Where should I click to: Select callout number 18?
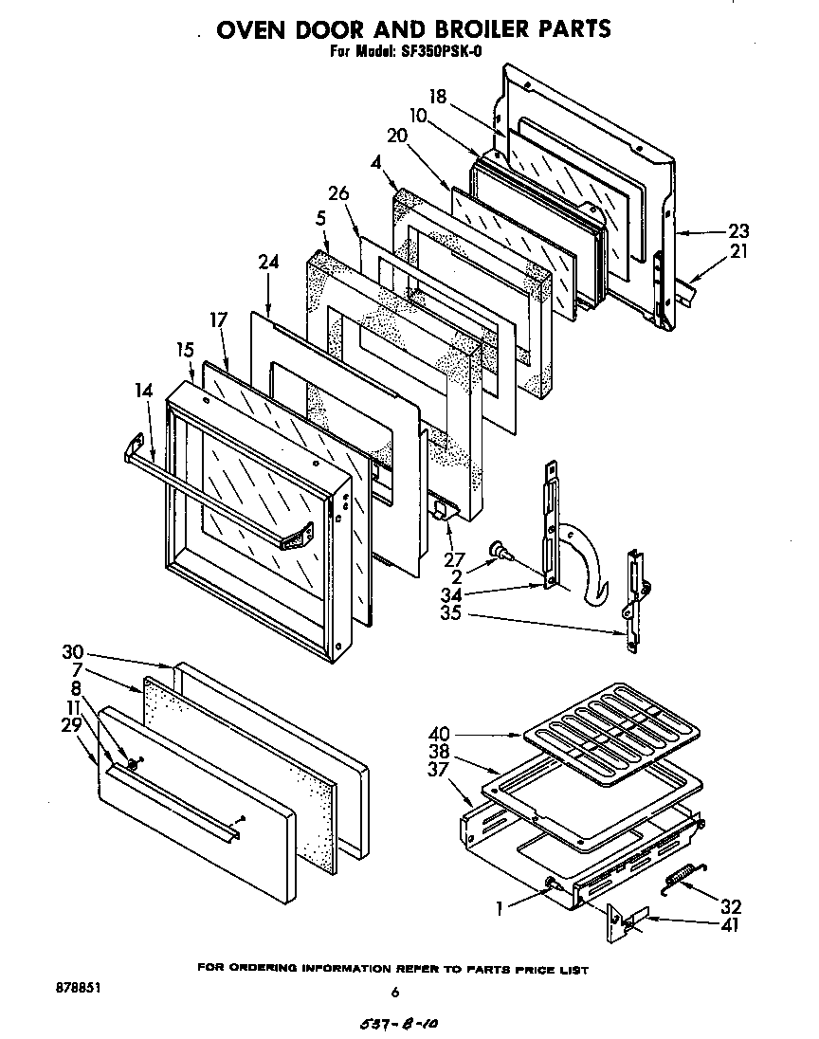pos(437,96)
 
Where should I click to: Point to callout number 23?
pos(738,229)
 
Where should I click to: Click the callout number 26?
pos(338,194)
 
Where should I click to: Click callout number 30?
pos(72,652)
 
